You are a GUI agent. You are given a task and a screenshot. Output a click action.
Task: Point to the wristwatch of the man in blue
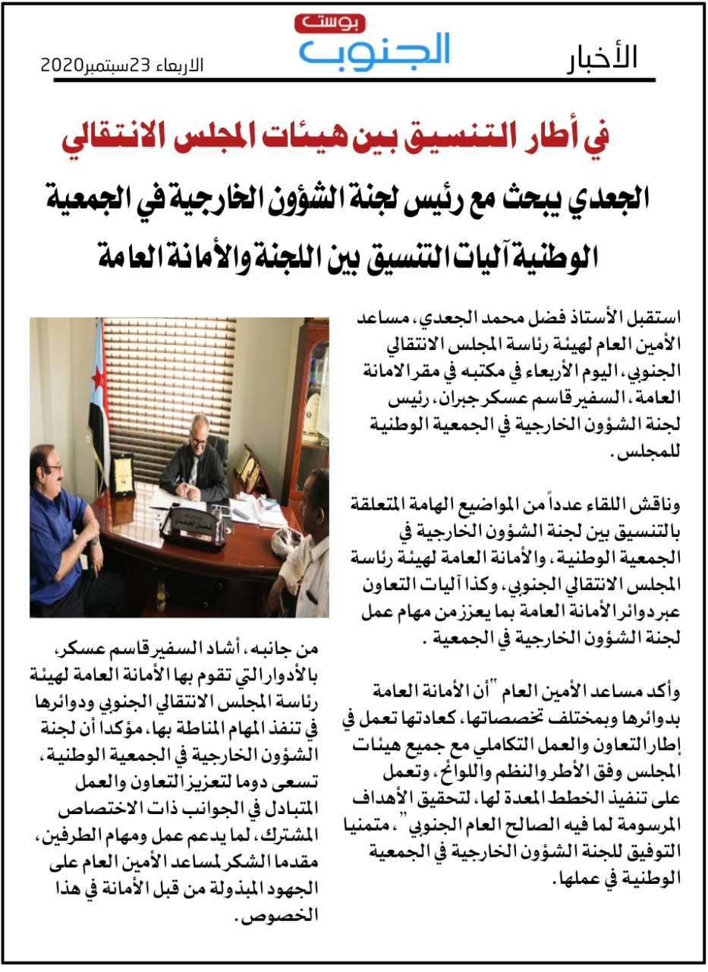click(x=93, y=541)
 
